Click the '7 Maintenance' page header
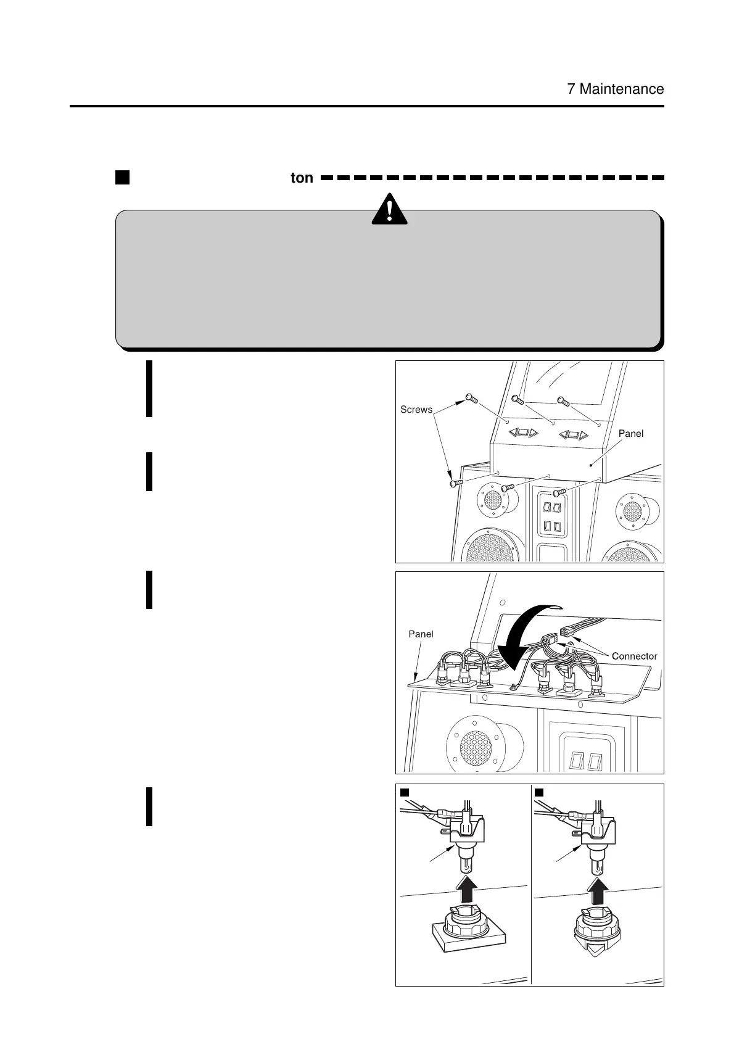pos(615,89)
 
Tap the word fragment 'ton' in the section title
pos(302,178)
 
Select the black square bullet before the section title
pos(122,178)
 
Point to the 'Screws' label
pos(416,409)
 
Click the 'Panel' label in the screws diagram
pos(630,434)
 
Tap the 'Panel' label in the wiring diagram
pos(421,634)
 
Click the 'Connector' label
pos(634,656)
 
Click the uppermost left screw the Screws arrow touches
pos(471,398)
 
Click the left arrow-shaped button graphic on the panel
pos(523,433)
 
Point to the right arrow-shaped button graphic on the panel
pos(574,435)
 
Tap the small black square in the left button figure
pos(405,792)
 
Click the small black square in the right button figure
pos(539,792)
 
